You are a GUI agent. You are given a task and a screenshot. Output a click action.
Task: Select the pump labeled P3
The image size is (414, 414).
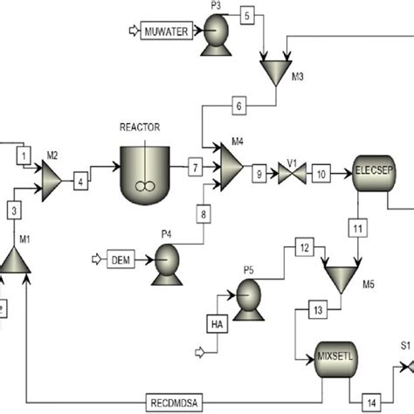[x=211, y=36]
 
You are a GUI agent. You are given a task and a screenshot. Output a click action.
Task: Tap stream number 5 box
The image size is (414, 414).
[x=247, y=16]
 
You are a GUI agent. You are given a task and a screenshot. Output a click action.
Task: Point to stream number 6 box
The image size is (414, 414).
[x=240, y=107]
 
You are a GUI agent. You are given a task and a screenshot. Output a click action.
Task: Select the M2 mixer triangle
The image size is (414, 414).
[x=50, y=176]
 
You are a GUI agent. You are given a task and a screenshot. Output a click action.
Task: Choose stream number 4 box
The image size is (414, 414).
[x=81, y=183]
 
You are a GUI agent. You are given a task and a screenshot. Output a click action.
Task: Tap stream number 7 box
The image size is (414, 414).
[x=197, y=166]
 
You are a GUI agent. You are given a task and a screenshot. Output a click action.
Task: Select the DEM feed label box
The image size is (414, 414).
[x=120, y=259]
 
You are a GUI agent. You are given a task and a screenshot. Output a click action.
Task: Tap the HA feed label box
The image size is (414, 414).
[x=217, y=324]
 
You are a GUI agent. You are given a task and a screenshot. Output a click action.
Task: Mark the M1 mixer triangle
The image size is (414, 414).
[x=16, y=257]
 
